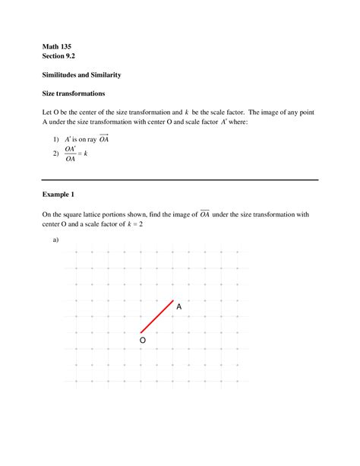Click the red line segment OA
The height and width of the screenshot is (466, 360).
click(x=157, y=316)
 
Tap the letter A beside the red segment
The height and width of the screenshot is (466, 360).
click(x=179, y=307)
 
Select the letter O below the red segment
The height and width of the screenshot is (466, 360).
click(x=142, y=341)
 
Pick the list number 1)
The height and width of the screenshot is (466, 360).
click(x=56, y=139)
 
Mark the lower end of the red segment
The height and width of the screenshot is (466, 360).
click(x=141, y=332)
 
